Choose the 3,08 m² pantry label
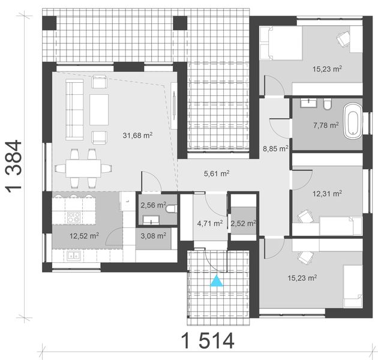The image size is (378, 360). tap(153, 236)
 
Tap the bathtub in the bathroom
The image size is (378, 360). tap(354, 120)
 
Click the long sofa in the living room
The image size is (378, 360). tap(74, 110)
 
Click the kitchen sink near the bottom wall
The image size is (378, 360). tap(75, 256)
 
